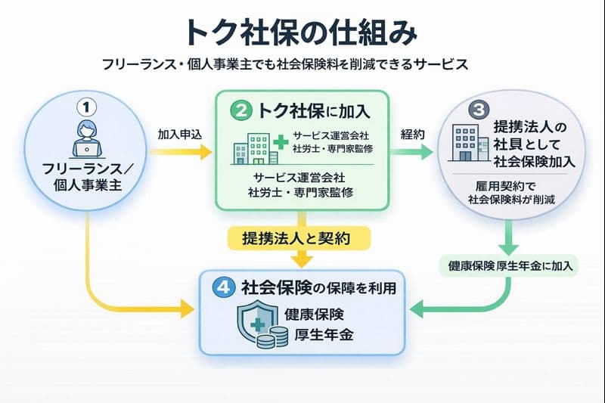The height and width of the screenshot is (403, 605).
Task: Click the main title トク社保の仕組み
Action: (x=302, y=33)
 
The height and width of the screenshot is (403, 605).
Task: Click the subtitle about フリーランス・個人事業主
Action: (x=302, y=64)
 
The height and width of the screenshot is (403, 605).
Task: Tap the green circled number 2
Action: (x=241, y=111)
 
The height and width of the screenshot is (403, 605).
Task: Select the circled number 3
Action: (x=479, y=109)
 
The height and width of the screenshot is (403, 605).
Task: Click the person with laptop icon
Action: (x=89, y=139)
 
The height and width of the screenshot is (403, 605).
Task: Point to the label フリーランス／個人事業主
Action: (x=89, y=175)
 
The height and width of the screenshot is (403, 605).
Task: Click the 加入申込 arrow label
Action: (x=178, y=134)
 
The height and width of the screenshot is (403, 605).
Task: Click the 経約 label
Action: (x=414, y=134)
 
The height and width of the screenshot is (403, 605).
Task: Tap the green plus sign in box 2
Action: (x=281, y=141)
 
